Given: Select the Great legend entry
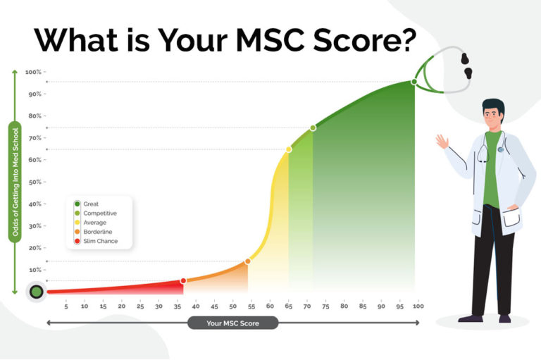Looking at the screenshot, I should [x=91, y=204].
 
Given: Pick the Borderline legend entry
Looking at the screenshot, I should [x=97, y=231].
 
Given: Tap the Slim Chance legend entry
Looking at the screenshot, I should [x=100, y=241].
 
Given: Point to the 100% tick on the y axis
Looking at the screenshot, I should [x=33, y=72].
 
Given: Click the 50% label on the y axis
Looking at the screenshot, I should [x=33, y=182].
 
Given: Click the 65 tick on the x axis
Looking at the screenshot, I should [x=288, y=306].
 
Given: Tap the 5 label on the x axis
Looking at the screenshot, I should [x=66, y=306].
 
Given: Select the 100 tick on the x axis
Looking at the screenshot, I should [x=418, y=306].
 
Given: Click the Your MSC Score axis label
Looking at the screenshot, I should [x=232, y=323].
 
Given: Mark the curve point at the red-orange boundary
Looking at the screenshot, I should [x=183, y=280].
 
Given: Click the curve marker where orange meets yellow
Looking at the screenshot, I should [x=247, y=261].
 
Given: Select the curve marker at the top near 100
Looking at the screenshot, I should [x=414, y=82].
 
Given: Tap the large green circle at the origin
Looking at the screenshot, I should [x=36, y=292].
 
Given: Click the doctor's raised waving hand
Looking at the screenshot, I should [x=442, y=141].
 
